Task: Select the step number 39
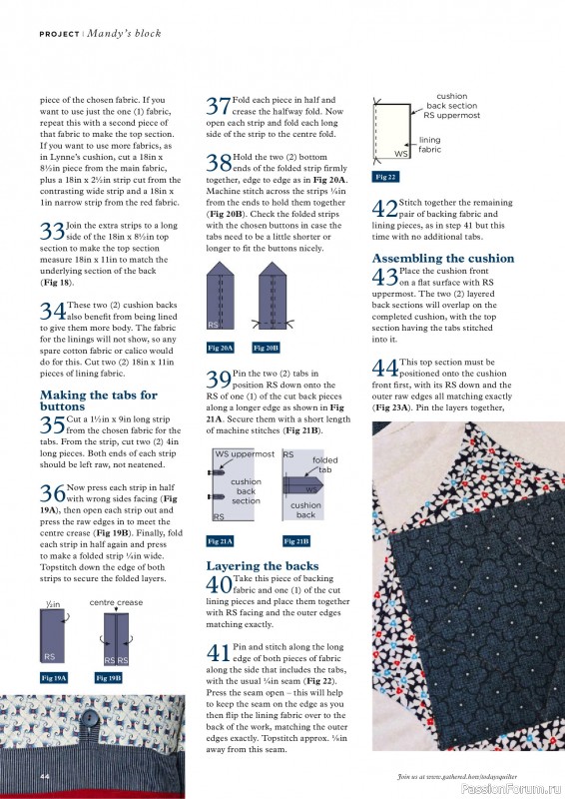[219, 379]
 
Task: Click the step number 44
[384, 368]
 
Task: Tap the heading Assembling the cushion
[442, 258]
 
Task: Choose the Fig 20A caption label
[221, 348]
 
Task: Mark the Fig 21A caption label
[221, 540]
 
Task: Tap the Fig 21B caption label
[296, 540]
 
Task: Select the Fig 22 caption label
[384, 176]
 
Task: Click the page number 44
[45, 776]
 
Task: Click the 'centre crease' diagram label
[116, 603]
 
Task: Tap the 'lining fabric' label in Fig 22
[429, 145]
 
